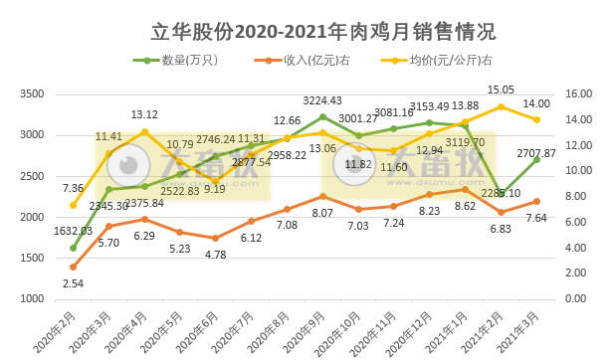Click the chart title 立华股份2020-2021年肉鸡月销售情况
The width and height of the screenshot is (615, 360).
307,30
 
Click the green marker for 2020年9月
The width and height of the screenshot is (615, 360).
322,116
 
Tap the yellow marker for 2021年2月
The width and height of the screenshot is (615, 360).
501,106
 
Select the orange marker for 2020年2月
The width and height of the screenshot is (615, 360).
73,267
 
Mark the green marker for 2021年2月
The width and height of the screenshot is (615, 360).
501,193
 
